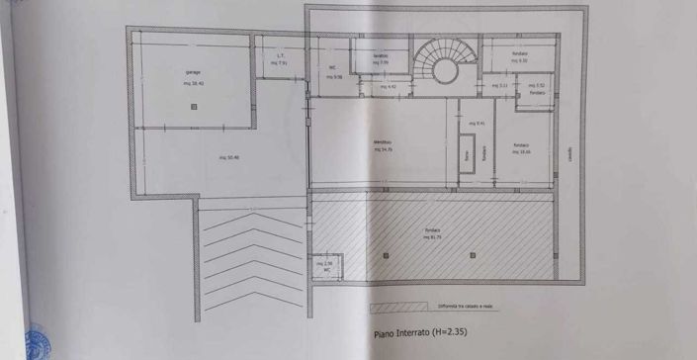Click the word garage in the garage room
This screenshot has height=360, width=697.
[193, 73]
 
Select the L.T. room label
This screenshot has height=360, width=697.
[280, 55]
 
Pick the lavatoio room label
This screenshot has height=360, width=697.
[381, 55]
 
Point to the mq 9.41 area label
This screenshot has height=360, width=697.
[477, 124]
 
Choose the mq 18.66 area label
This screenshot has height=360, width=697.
[521, 151]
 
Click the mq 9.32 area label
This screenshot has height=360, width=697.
[519, 60]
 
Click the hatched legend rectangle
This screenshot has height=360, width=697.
[399, 306]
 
